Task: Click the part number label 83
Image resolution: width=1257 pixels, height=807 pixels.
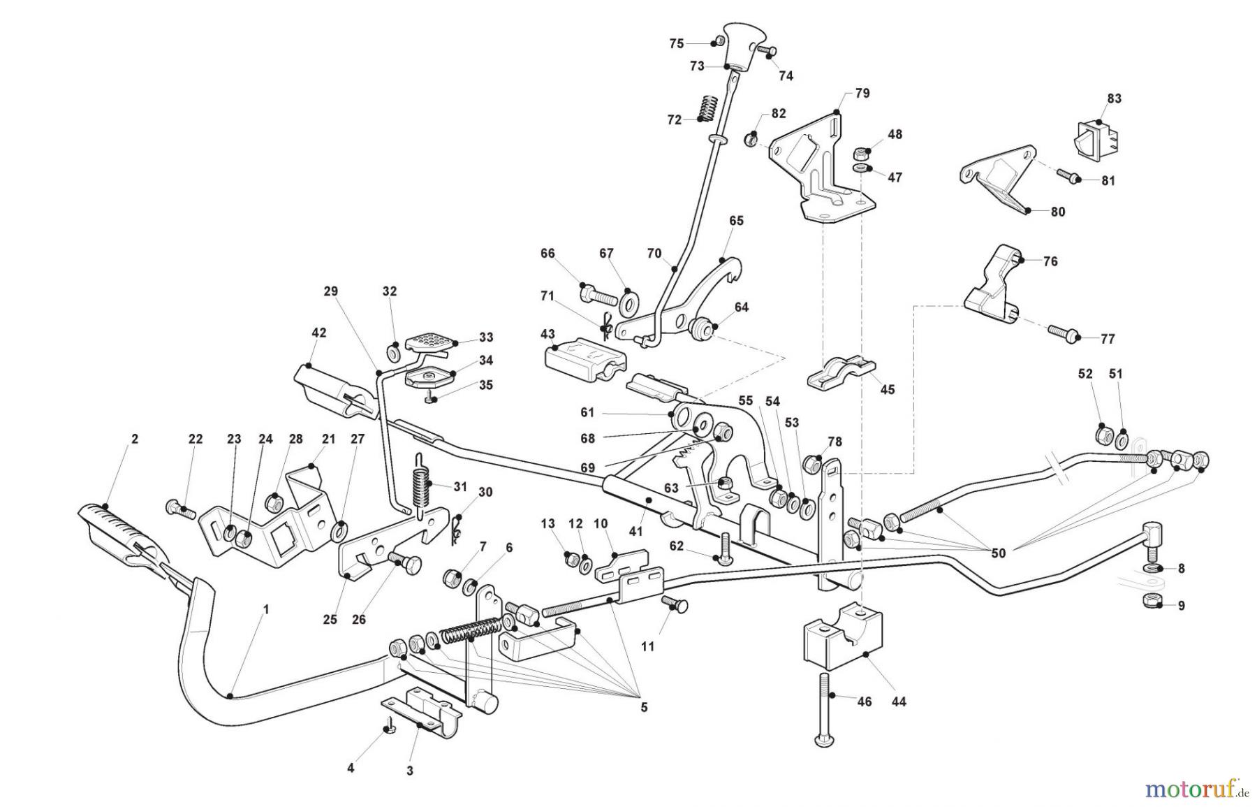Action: (x=1114, y=99)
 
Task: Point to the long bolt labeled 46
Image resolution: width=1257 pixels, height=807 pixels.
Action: (x=824, y=709)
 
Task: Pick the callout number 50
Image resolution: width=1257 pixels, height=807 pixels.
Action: (x=998, y=553)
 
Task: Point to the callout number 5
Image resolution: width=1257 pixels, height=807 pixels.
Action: (x=643, y=707)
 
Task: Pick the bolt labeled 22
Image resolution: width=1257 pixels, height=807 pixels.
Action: (x=181, y=508)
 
